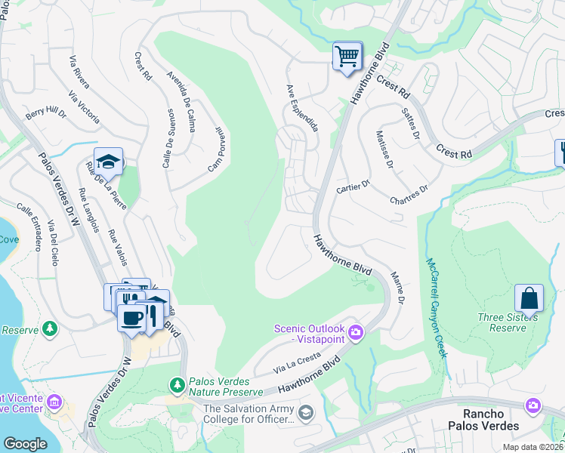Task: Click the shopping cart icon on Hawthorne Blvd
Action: tap(347, 56)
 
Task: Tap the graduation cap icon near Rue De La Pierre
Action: tap(109, 162)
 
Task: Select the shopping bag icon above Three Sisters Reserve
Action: tap(529, 298)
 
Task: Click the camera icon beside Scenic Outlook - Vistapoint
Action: tap(356, 332)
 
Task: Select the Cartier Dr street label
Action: tap(353, 186)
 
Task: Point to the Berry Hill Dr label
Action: tap(46, 114)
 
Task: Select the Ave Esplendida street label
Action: tap(300, 108)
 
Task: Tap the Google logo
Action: tap(25, 443)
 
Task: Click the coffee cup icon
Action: tap(131, 318)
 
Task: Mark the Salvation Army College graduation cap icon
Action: tap(305, 412)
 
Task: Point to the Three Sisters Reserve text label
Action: tap(507, 322)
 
